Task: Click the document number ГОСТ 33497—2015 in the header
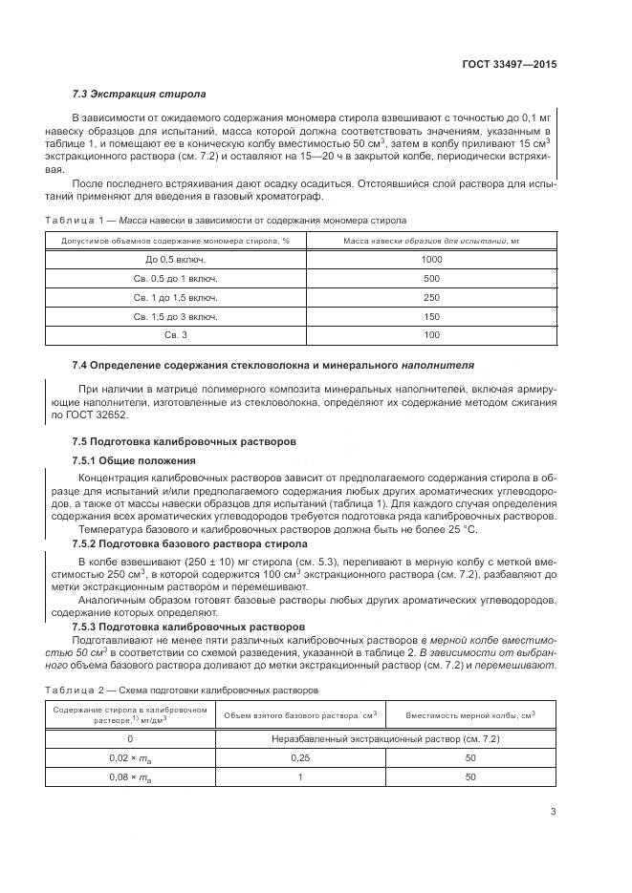(509, 65)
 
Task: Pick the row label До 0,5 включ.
(176, 259)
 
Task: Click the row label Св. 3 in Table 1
(176, 335)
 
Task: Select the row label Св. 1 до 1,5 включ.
(176, 297)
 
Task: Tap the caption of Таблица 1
(226, 220)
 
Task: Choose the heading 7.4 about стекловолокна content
(273, 365)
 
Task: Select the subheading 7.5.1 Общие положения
(127, 460)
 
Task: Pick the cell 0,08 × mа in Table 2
(131, 777)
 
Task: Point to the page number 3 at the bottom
(553, 812)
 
